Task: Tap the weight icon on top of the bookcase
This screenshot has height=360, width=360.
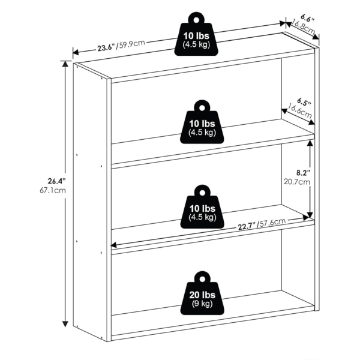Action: coord(196,34)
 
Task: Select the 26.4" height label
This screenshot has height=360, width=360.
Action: coord(56,181)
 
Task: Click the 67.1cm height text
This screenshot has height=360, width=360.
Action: coord(53,190)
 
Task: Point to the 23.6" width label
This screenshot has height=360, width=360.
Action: coord(106,48)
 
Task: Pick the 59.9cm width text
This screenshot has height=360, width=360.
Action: coord(131,44)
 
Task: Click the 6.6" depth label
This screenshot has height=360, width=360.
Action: coord(307,18)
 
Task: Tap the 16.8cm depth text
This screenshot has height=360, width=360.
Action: coord(302,28)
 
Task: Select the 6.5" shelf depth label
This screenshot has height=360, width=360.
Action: coord(304,102)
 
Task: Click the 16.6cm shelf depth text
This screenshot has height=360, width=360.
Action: coord(299,111)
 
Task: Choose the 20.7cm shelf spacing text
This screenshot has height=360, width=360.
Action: coord(297,182)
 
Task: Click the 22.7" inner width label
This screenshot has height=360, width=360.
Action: coord(247,227)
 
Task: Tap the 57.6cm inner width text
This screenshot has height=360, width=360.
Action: coord(271,223)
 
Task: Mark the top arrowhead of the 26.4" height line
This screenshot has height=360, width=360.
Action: coord(65,64)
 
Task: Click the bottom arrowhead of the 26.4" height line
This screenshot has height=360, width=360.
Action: coord(65,324)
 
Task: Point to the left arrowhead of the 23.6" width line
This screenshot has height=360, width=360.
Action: coord(76,52)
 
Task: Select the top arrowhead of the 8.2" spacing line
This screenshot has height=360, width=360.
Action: coord(310,143)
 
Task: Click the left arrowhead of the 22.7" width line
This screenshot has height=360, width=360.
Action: coord(114,245)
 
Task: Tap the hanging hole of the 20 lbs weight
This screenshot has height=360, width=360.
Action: coord(202,279)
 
